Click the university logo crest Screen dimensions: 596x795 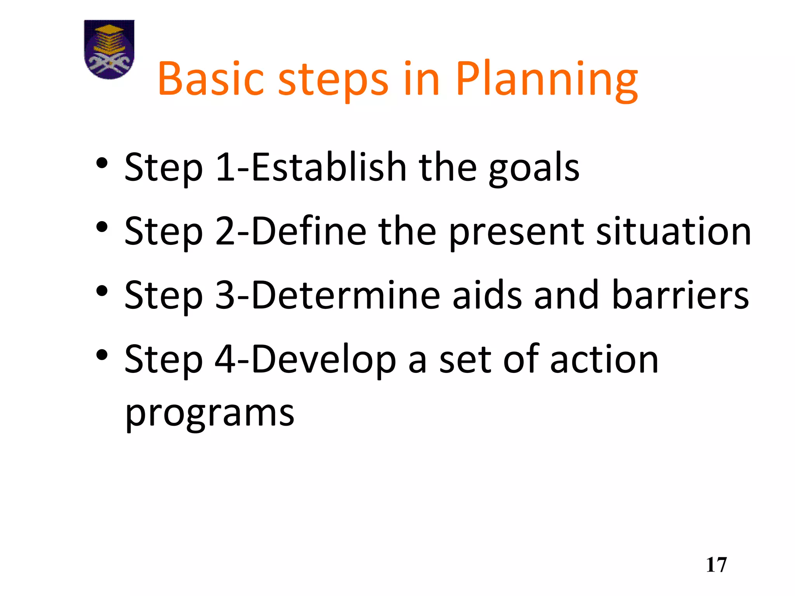click(x=109, y=49)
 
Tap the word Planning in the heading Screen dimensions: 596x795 click(x=547, y=80)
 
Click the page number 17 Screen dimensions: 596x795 click(x=716, y=565)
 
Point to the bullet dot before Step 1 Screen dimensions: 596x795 click(x=102, y=163)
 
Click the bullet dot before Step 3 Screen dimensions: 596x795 click(x=102, y=291)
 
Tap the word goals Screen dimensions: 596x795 click(x=534, y=169)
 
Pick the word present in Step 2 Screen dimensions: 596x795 click(x=516, y=233)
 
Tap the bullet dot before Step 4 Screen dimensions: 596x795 click(x=102, y=355)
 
